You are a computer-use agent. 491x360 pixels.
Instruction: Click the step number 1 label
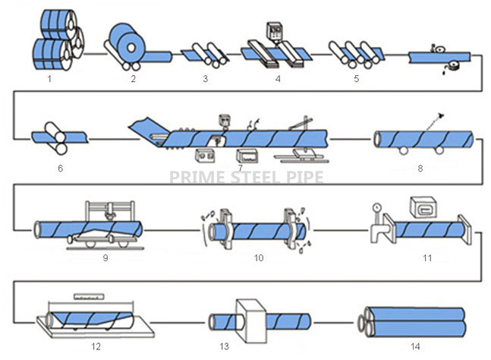(49, 79)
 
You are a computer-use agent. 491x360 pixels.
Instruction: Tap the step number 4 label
(278, 79)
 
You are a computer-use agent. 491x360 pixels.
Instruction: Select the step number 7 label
(240, 168)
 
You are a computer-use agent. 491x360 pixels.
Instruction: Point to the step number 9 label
(105, 258)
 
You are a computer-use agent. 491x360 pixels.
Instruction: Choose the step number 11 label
(427, 258)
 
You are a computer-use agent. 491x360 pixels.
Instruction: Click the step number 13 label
(224, 346)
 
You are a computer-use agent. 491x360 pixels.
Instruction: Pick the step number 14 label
(415, 346)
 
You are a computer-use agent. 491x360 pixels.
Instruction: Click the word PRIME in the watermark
(199, 177)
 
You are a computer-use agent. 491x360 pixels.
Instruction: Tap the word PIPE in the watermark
(304, 177)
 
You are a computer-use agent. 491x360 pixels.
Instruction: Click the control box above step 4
(274, 32)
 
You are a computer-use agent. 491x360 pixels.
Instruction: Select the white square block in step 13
(251, 321)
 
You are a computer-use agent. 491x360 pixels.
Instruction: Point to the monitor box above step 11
(423, 207)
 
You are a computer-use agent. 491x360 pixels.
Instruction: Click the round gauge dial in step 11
(376, 207)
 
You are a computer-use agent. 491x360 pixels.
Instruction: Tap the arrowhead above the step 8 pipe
(441, 115)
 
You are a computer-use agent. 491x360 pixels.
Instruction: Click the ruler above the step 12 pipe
(89, 296)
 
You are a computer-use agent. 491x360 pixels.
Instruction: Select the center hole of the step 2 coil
(131, 47)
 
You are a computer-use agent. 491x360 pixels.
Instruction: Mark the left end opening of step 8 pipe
(378, 140)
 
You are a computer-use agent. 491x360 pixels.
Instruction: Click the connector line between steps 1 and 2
(96, 54)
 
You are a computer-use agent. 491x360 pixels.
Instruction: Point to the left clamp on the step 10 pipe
(225, 229)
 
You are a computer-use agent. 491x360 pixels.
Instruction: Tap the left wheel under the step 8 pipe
(403, 150)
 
